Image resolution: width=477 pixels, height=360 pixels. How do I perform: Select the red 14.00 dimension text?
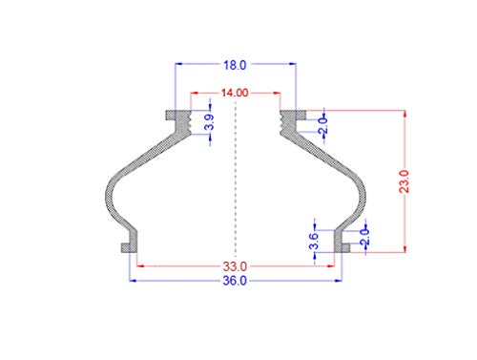pyautogui.click(x=235, y=94)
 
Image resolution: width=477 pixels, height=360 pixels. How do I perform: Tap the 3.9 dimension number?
pyautogui.click(x=209, y=122)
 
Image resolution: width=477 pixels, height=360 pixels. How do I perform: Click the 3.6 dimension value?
pyautogui.click(x=314, y=241)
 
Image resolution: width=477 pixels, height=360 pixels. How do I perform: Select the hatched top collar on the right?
pyautogui.click(x=290, y=118)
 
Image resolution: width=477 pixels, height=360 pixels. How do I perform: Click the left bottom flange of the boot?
pyautogui.click(x=127, y=247)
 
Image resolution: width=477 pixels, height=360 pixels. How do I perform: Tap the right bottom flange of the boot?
pyautogui.click(x=341, y=247)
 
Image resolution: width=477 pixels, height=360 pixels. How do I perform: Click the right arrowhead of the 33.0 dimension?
pyautogui.click(x=335, y=265)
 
